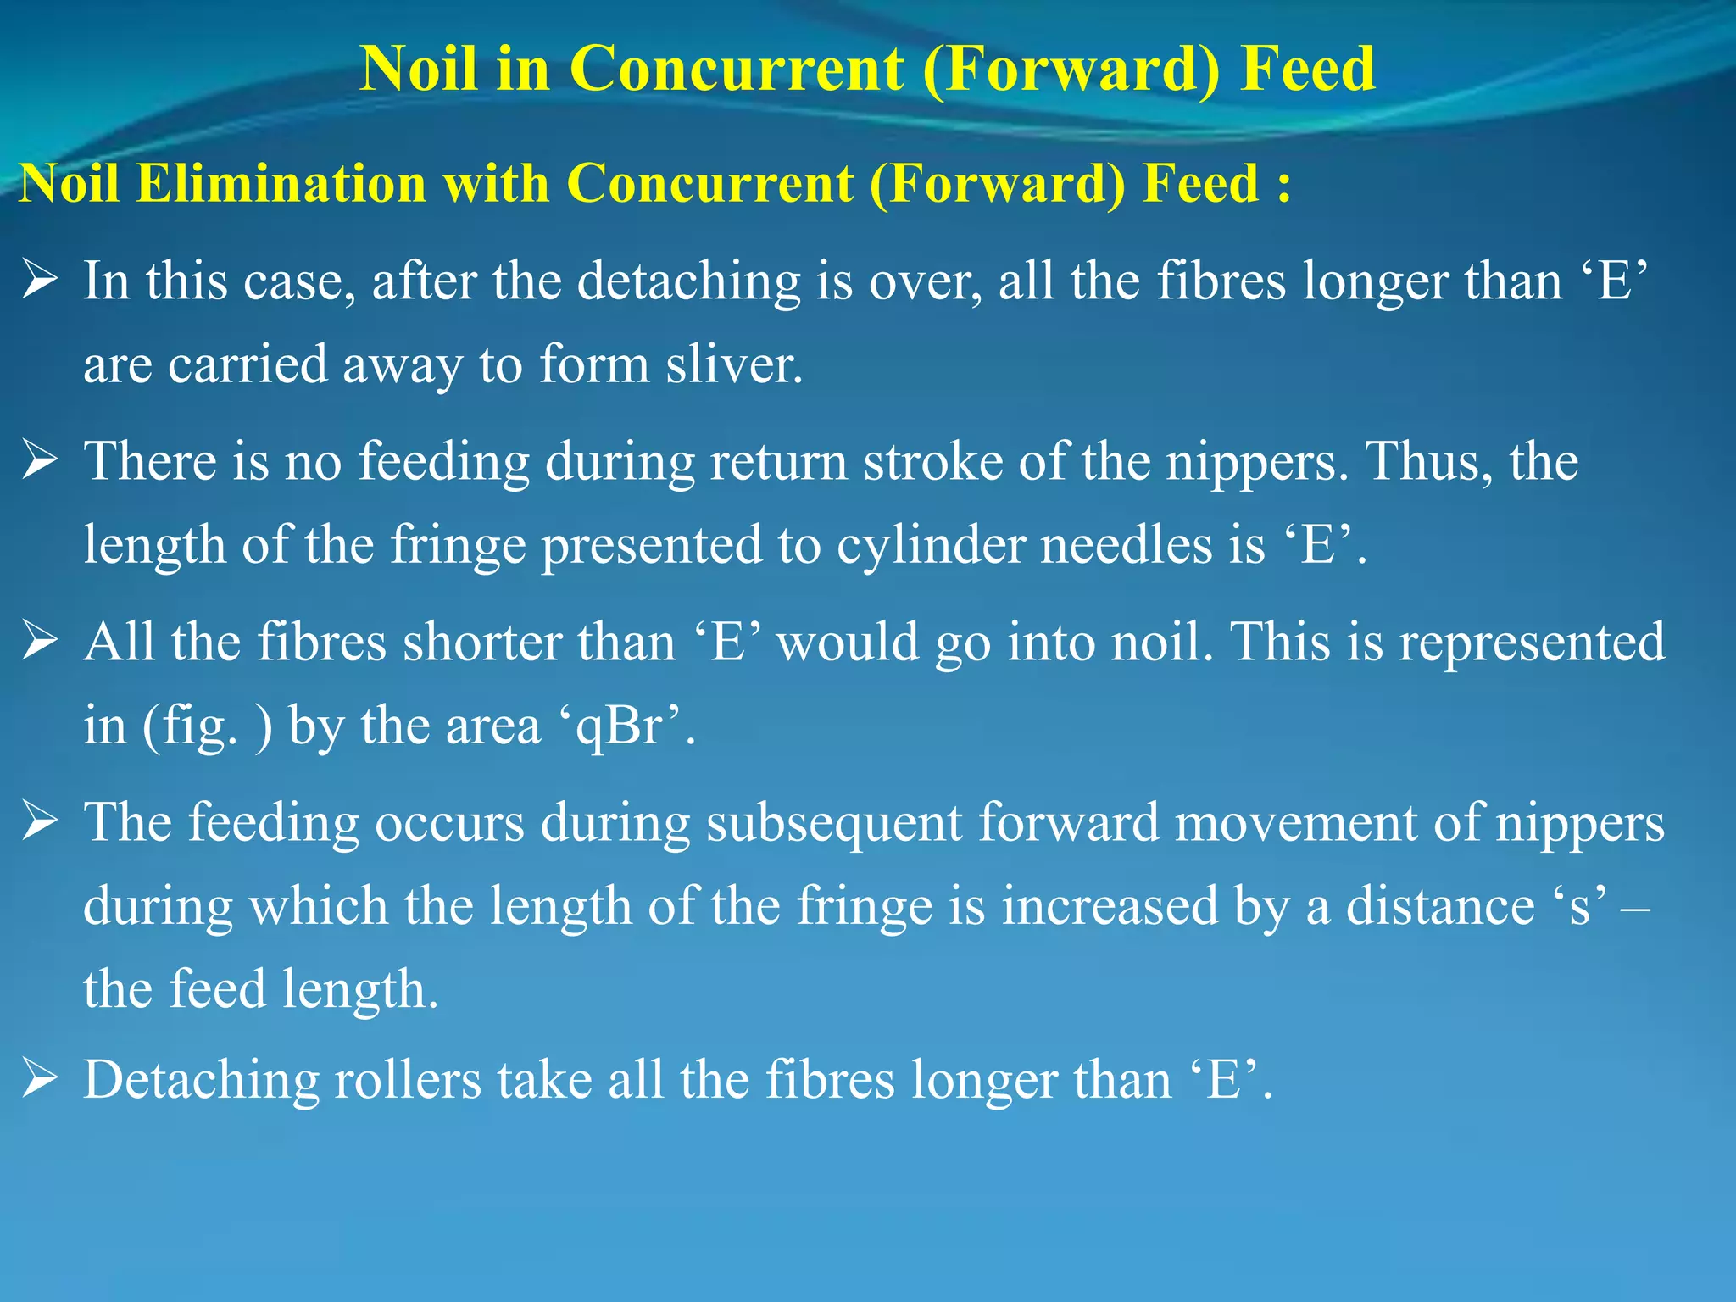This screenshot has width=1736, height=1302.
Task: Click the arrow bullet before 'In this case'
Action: pyautogui.click(x=40, y=281)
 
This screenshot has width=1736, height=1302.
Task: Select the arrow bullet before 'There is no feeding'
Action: pyautogui.click(x=40, y=461)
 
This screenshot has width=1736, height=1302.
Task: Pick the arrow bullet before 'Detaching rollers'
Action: pyautogui.click(x=40, y=1079)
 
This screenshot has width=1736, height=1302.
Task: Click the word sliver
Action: pyautogui.click(x=733, y=364)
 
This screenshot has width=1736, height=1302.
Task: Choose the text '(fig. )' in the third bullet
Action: pyautogui.click(x=208, y=726)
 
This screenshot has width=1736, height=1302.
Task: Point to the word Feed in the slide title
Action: pyautogui.click(x=1307, y=68)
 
